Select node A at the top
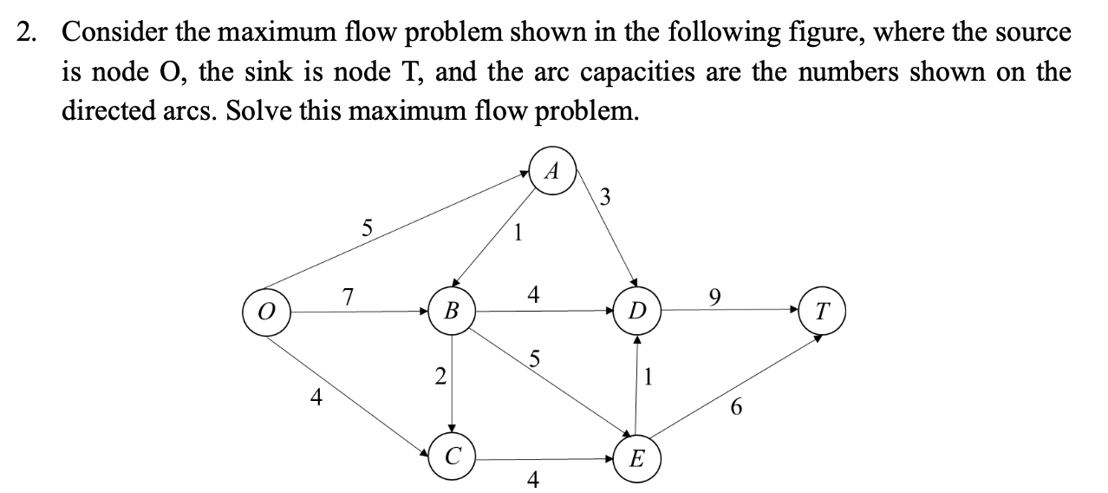tap(551, 171)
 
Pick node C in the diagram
tap(451, 454)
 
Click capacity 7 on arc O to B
tap(347, 296)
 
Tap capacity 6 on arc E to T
tap(736, 406)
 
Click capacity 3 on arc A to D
tap(605, 197)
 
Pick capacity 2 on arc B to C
tap(440, 377)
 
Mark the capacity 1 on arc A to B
tap(517, 233)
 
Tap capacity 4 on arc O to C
tap(318, 398)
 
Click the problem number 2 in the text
tap(28, 33)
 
